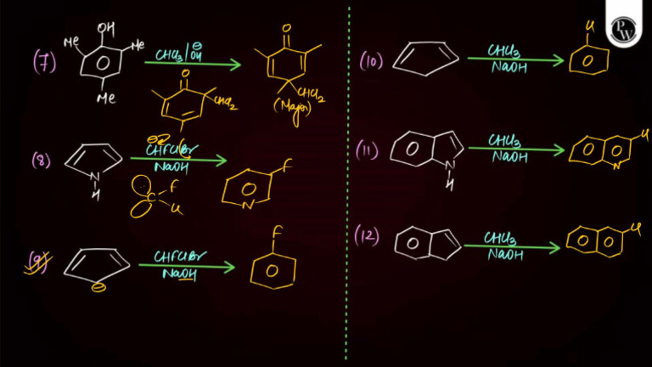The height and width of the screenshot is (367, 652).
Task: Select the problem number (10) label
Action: pyautogui.click(x=371, y=61)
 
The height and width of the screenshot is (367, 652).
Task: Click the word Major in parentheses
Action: pyautogui.click(x=293, y=110)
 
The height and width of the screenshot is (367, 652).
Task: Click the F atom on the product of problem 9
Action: pyautogui.click(x=275, y=232)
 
